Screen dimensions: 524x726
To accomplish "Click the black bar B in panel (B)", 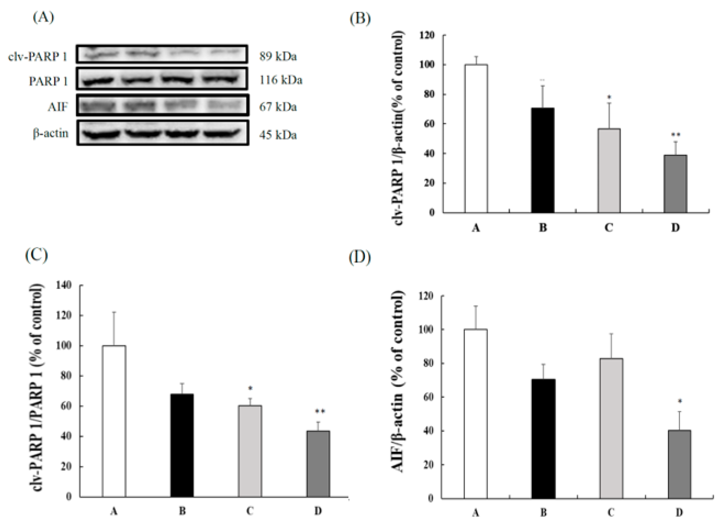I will click(542, 160).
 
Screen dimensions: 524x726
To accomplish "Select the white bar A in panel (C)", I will click(114, 421).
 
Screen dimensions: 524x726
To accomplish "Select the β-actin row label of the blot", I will click(51, 133).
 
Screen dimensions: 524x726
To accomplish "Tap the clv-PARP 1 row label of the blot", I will click(38, 57).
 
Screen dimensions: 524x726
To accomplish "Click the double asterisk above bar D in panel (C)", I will click(320, 412).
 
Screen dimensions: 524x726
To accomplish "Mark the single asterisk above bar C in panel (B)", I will click(610, 97).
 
